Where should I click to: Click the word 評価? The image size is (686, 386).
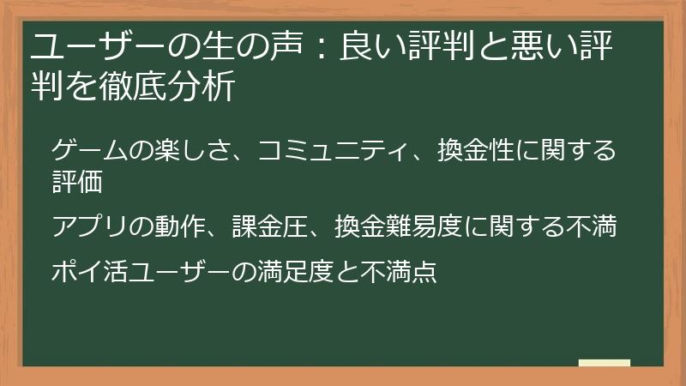(77, 182)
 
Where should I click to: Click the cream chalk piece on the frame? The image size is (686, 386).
(605, 363)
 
